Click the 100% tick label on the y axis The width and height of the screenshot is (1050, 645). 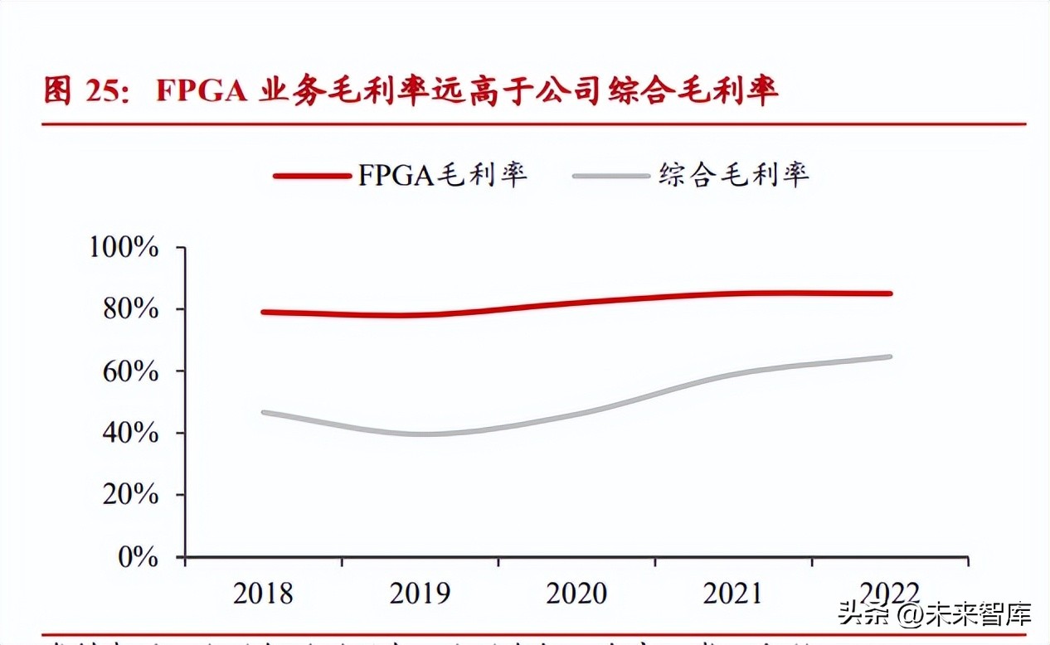(x=124, y=247)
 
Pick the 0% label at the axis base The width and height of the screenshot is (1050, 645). (x=138, y=556)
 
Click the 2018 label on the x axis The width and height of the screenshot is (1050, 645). (x=263, y=594)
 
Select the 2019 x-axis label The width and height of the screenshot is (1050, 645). (x=420, y=594)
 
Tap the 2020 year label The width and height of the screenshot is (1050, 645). (x=576, y=594)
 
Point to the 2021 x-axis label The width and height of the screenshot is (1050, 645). (x=733, y=594)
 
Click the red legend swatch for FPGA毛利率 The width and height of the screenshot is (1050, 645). (x=312, y=175)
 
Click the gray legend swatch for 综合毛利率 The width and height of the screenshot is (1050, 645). (x=611, y=175)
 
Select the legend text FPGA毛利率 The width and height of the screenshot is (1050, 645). (x=442, y=174)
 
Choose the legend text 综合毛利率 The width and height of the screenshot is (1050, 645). (x=733, y=174)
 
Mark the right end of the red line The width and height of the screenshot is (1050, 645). (x=890, y=293)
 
